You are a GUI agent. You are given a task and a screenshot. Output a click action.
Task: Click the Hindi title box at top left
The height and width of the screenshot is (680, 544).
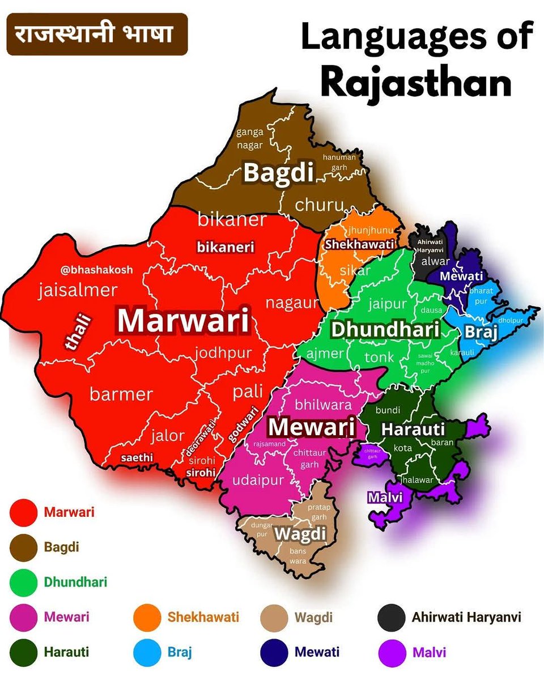[x=97, y=34]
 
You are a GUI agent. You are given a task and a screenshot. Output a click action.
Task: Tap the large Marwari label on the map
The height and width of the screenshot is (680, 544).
[x=183, y=321]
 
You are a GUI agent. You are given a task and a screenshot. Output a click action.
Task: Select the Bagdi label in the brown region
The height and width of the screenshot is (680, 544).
[x=278, y=173]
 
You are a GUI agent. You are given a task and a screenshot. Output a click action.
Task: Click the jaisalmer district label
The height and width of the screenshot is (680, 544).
[x=78, y=291]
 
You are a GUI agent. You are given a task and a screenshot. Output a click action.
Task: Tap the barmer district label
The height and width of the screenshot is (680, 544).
[x=121, y=394]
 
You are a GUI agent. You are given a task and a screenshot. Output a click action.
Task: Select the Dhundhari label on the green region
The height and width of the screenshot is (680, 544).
[x=385, y=329]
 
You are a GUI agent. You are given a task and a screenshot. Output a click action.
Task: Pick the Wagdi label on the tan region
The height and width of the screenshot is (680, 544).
[x=300, y=534]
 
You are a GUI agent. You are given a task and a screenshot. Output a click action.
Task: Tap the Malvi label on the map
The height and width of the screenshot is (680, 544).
[x=385, y=497]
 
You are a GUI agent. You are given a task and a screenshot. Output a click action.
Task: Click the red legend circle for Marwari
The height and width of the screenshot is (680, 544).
[x=24, y=513]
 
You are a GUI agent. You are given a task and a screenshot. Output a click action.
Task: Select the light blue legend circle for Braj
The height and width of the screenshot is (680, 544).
[x=147, y=652]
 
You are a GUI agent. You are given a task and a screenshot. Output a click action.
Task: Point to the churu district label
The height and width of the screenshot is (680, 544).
[x=319, y=204]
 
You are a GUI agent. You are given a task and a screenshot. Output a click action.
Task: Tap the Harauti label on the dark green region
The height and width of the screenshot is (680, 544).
[x=413, y=429]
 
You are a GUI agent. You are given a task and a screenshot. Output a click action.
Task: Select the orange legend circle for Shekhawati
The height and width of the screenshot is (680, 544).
[x=147, y=617]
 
